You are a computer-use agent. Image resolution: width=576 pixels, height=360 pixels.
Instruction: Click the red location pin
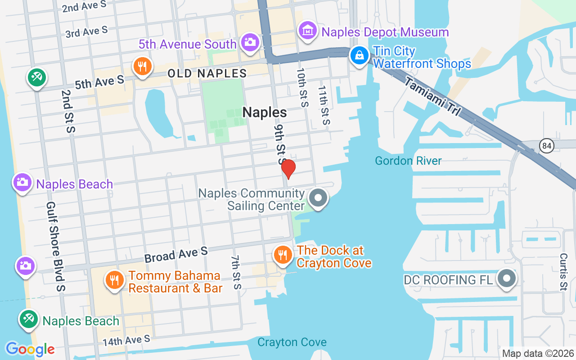tap(288, 169)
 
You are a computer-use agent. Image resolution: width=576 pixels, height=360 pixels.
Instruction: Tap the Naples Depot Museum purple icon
tap(308, 31)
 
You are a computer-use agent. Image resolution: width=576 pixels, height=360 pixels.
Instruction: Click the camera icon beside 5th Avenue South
tap(249, 42)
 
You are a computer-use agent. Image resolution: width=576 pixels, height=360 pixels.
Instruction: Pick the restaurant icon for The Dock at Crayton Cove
tap(282, 255)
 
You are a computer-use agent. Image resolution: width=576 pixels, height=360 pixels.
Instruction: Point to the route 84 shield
tap(547, 146)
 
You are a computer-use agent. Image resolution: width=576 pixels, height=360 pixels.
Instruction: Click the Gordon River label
tap(408, 161)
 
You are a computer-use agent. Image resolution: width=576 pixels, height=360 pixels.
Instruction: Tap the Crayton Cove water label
tap(292, 342)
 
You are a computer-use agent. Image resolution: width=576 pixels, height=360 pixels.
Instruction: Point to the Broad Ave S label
tap(176, 255)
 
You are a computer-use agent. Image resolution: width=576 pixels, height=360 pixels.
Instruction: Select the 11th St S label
tap(324, 106)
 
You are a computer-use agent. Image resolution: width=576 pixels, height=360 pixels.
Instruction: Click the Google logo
tap(30, 349)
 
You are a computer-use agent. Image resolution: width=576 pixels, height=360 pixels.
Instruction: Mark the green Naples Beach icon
tap(28, 319)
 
